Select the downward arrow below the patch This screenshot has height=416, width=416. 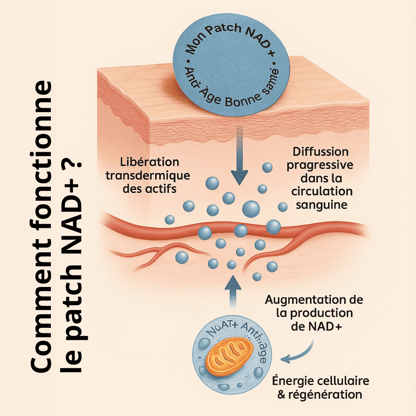[239, 166]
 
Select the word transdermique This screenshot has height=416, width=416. [148, 175]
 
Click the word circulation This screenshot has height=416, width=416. [322, 191]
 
